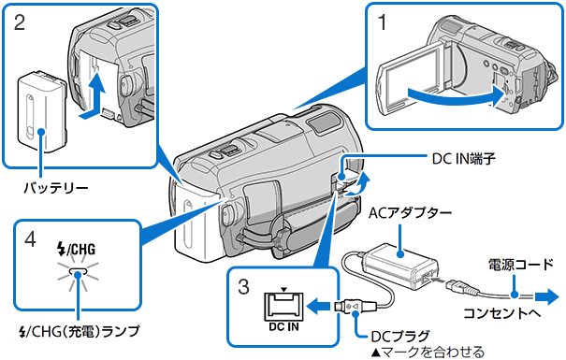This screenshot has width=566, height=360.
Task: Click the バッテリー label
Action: click(57, 187)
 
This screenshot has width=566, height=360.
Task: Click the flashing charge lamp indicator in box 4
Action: click(79, 274)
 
